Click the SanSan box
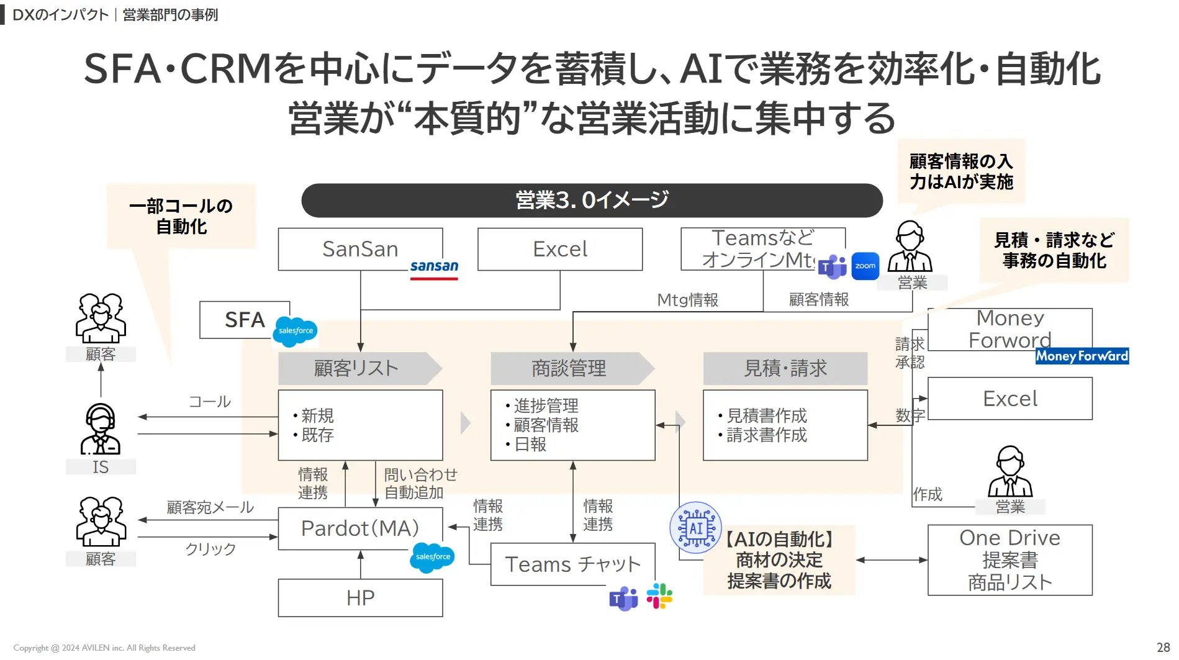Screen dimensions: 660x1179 [x=360, y=249]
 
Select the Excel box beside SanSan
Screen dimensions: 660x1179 [x=559, y=249]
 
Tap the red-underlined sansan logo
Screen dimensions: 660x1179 [x=434, y=268]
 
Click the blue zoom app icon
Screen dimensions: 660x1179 [x=865, y=266]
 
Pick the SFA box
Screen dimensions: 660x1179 [x=244, y=320]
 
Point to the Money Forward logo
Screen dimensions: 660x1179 [x=1082, y=356]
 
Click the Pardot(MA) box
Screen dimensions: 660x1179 [x=360, y=528]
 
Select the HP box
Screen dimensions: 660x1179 [x=360, y=598]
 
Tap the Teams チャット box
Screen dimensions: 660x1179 [x=572, y=564]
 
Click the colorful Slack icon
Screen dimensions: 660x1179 [x=659, y=596]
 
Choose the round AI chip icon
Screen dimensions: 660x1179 [x=695, y=528]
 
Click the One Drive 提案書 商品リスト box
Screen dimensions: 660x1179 [x=1010, y=560]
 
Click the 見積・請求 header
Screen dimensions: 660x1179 [x=785, y=368]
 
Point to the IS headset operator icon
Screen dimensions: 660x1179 [x=101, y=430]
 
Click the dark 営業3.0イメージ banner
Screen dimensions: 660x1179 [x=592, y=200]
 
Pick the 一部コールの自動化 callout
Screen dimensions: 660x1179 [x=181, y=216]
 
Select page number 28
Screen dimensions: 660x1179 [x=1163, y=647]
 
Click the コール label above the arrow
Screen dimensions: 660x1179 [x=209, y=402]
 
